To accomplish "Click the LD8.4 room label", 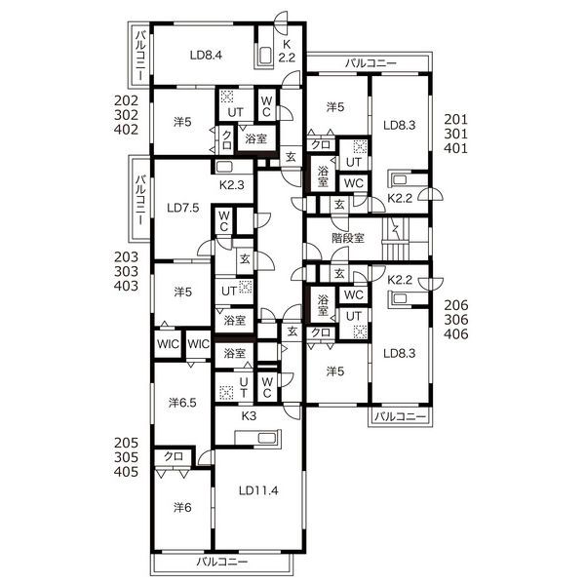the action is pyautogui.click(x=206, y=56).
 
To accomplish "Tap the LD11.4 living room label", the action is pyautogui.click(x=258, y=490).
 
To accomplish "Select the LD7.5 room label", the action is pyautogui.click(x=183, y=208).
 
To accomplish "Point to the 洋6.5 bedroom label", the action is pyautogui.click(x=182, y=403).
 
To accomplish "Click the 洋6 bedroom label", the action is pyautogui.click(x=182, y=507).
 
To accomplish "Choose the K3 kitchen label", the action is pyautogui.click(x=249, y=416).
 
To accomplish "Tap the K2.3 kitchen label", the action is pyautogui.click(x=232, y=185).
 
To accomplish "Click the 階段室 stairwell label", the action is pyautogui.click(x=348, y=238).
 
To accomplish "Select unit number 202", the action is pyautogui.click(x=126, y=100).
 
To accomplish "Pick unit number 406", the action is pyautogui.click(x=456, y=333).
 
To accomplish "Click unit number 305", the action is pyautogui.click(x=126, y=457).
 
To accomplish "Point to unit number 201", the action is pyautogui.click(x=455, y=119).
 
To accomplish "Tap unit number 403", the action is pyautogui.click(x=126, y=286).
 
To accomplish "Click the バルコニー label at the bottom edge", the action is pyautogui.click(x=222, y=562).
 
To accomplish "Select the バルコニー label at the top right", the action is pyautogui.click(x=370, y=63).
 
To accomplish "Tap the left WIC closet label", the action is pyautogui.click(x=168, y=344).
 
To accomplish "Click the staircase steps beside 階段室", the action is pyautogui.click(x=396, y=239).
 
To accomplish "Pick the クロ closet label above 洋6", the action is pyautogui.click(x=174, y=456).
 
